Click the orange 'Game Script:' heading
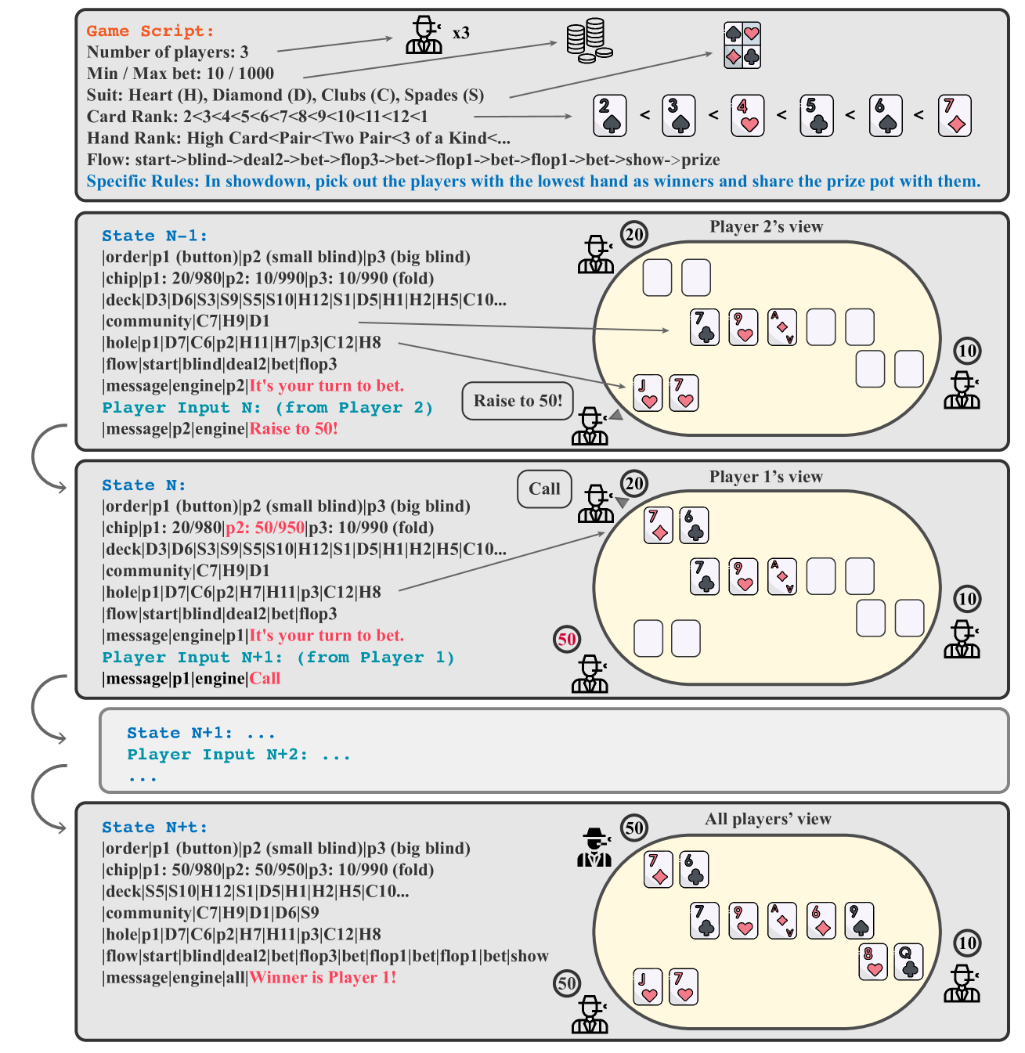(x=150, y=31)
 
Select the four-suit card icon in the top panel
(x=742, y=45)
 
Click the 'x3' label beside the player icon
(x=461, y=33)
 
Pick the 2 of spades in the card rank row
(x=610, y=116)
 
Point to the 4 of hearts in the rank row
(x=747, y=116)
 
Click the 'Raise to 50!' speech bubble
(x=518, y=401)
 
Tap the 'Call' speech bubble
(x=544, y=489)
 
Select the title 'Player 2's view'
(x=766, y=227)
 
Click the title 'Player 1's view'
(x=766, y=477)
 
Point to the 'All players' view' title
(x=767, y=819)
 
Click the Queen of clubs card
(x=908, y=962)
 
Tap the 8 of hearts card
(x=872, y=962)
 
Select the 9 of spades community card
(x=859, y=920)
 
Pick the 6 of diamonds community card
(x=821, y=920)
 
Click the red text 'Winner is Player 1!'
(x=323, y=978)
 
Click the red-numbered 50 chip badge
(x=567, y=640)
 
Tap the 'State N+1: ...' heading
(x=201, y=734)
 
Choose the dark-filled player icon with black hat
(x=595, y=847)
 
